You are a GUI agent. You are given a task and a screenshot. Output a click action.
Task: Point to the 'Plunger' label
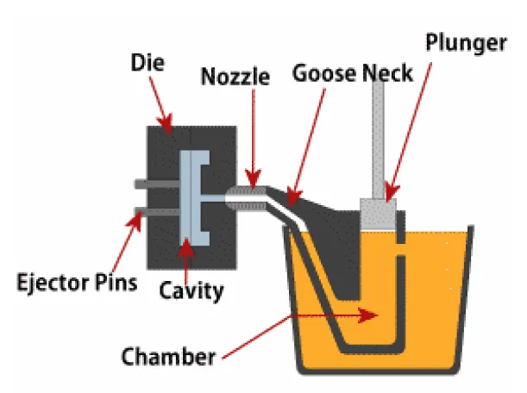(x=467, y=43)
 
